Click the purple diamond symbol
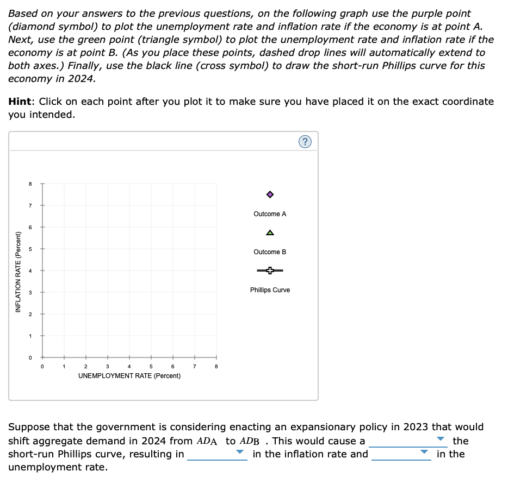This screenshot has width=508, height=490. pos(270,194)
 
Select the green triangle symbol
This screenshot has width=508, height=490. pos(270,233)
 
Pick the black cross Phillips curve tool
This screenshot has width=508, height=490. pos(270,271)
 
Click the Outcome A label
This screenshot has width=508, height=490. pos(270,214)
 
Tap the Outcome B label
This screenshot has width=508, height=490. pos(270,252)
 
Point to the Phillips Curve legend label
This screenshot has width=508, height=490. pos(270,290)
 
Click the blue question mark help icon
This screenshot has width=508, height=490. pos(305,142)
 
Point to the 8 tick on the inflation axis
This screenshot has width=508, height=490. pos(31,184)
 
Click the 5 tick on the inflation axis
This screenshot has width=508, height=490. pos(31,249)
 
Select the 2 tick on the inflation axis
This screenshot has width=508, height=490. pos(31,314)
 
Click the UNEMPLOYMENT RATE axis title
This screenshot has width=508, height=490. pos(129,376)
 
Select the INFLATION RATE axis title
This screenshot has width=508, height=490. pos(18,272)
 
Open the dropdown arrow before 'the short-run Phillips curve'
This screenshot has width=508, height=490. pos(441,439)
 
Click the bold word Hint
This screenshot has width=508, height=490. pos(22,102)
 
